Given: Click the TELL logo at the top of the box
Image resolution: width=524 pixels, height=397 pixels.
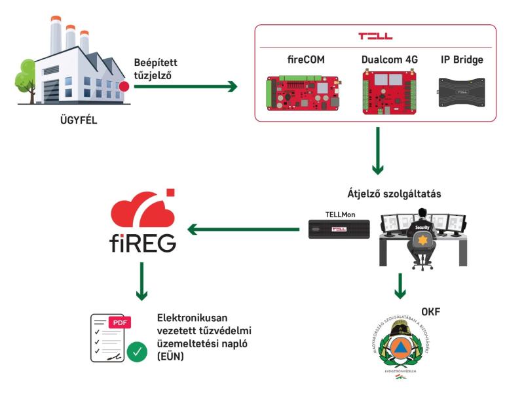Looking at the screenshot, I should point(375,36).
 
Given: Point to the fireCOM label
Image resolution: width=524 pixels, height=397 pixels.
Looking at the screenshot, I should point(306,60).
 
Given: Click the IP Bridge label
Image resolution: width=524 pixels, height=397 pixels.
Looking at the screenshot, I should point(461,60).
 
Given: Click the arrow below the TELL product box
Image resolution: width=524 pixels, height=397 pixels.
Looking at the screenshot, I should point(378,151).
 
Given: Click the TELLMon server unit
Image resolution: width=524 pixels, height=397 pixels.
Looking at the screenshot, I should point(339,228).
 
